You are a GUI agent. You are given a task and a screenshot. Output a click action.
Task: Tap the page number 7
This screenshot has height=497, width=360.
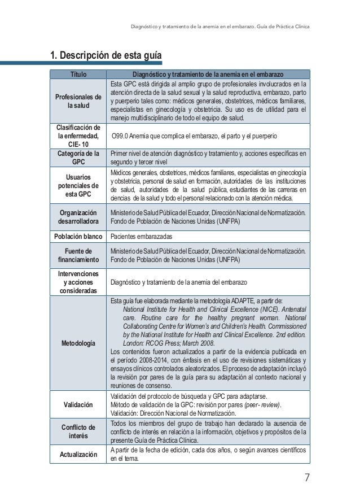306,478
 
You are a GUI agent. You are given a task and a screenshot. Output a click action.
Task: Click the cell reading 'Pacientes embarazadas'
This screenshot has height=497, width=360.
141,237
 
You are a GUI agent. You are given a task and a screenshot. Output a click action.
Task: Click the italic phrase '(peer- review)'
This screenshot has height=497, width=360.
262,404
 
